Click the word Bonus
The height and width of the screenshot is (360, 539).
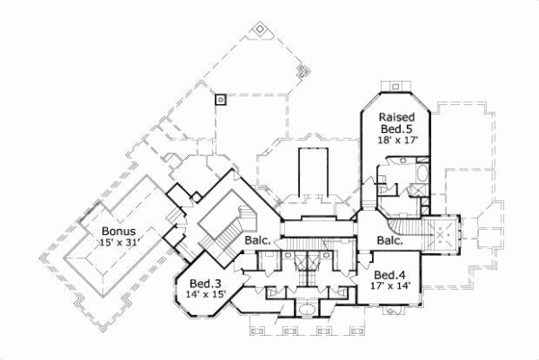tap(117, 231)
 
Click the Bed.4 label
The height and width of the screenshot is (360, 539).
tap(391, 275)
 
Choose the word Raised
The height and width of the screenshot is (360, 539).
tap(395, 118)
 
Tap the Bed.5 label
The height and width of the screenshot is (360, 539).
tap(395, 129)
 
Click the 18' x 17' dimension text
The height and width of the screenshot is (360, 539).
tap(395, 141)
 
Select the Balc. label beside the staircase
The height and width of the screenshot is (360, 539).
tap(259, 240)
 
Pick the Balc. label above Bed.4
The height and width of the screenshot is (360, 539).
tap(389, 241)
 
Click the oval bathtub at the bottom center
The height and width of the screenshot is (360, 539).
tap(305, 311)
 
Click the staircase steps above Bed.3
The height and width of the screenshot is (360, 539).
tap(215, 235)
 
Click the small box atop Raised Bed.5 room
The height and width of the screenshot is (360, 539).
tap(396, 86)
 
